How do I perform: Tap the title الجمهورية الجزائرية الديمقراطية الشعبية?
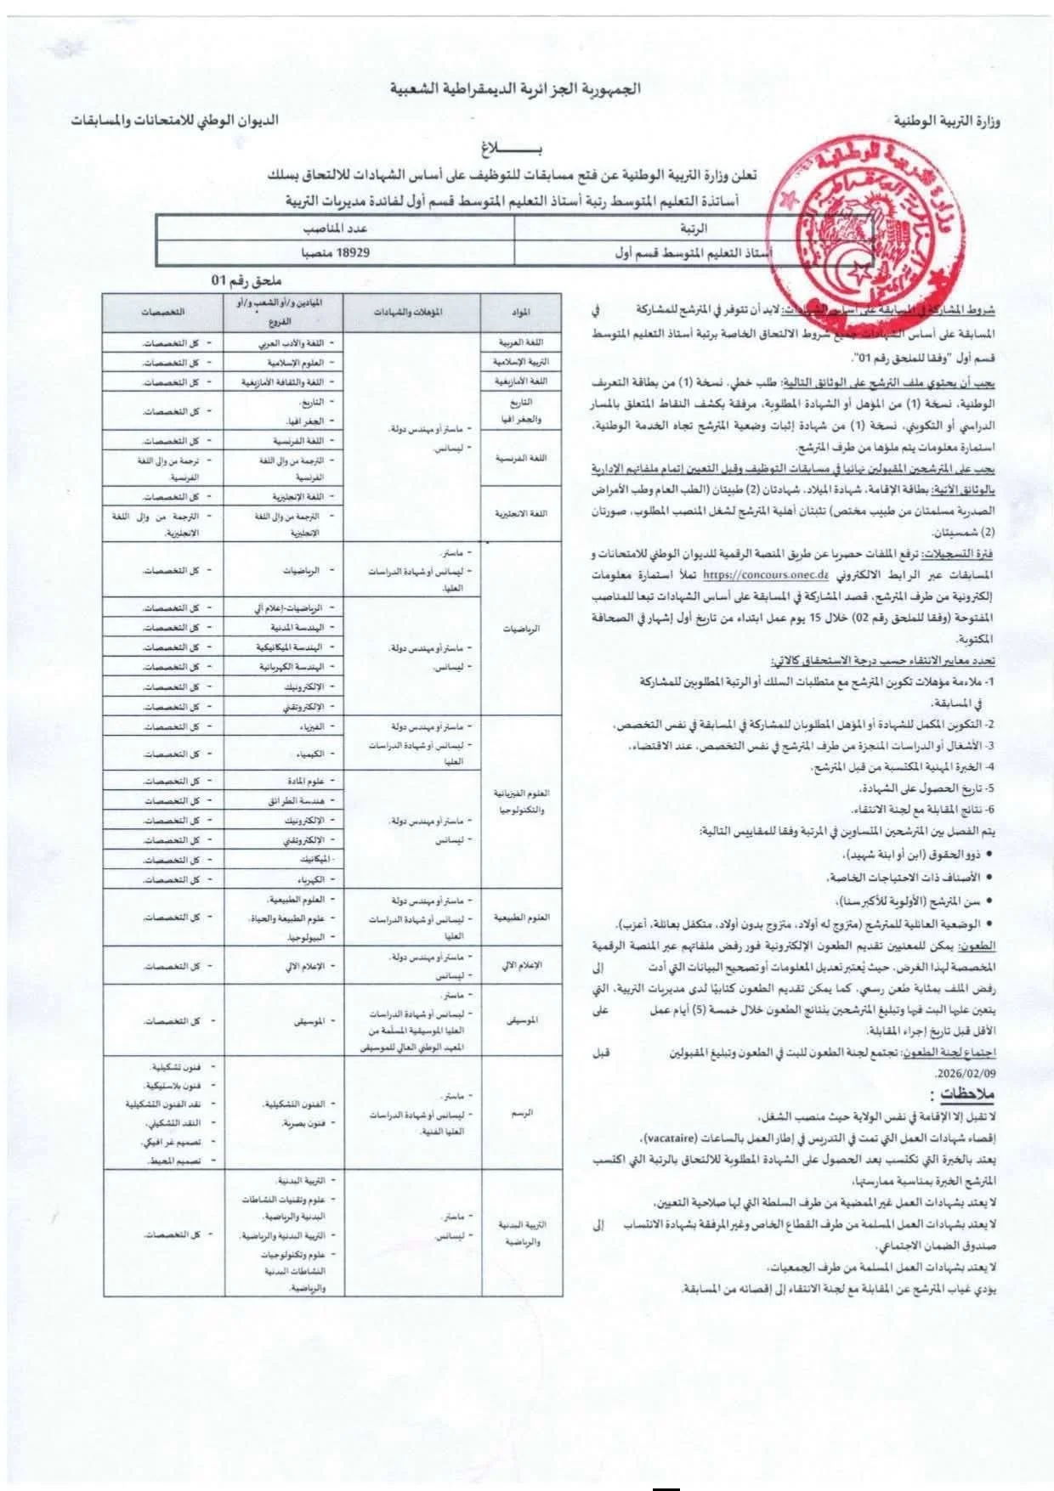[515, 88]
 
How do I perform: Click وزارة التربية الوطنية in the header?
[950, 121]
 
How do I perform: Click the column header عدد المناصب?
[337, 229]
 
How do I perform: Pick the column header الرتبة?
[695, 229]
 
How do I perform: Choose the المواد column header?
[522, 312]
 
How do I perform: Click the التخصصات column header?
[162, 312]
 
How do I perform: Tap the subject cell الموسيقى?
[522, 1019]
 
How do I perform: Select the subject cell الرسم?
[522, 1112]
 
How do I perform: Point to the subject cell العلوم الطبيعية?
[522, 918]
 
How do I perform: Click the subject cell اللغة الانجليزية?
[522, 513]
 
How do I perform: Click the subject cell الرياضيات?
[522, 630]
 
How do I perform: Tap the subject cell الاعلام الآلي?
[522, 966]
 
